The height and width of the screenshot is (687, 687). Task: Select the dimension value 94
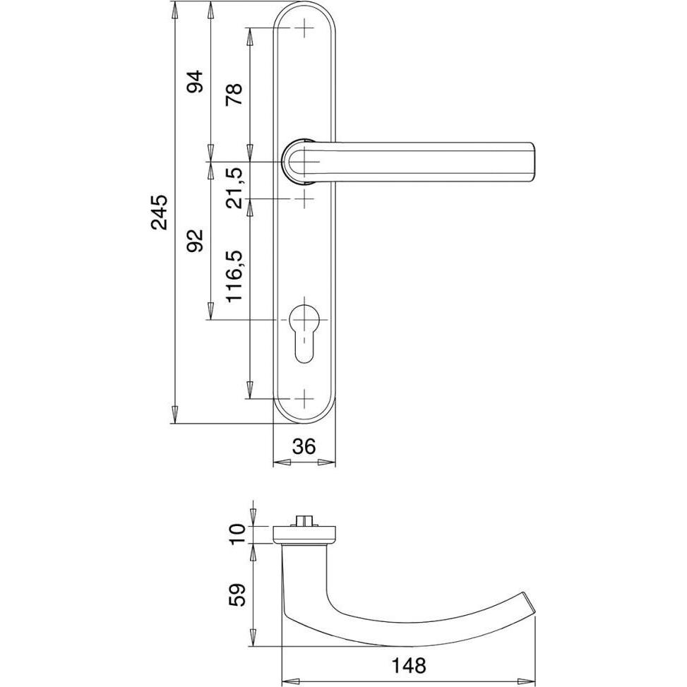pyautogui.click(x=196, y=81)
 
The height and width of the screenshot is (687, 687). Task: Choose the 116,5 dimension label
pyautogui.click(x=234, y=276)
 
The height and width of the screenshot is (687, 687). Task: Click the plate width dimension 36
pyautogui.click(x=304, y=447)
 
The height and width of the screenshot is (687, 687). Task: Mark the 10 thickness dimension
pyautogui.click(x=238, y=534)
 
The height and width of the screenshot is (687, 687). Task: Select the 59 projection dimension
pyautogui.click(x=238, y=595)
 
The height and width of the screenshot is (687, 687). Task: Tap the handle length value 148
pyautogui.click(x=408, y=666)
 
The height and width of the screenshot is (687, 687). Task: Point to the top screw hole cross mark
pyautogui.click(x=305, y=29)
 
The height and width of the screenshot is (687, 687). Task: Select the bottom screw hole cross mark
pyautogui.click(x=305, y=399)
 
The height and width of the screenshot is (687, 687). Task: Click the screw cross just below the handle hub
pyautogui.click(x=305, y=199)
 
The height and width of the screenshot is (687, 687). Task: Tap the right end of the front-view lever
pyautogui.click(x=532, y=162)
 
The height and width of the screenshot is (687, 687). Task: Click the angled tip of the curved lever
pyautogui.click(x=530, y=603)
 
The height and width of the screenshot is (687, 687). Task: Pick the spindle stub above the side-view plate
pyautogui.click(x=302, y=521)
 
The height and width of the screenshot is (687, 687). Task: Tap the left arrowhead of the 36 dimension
pyautogui.click(x=282, y=462)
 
